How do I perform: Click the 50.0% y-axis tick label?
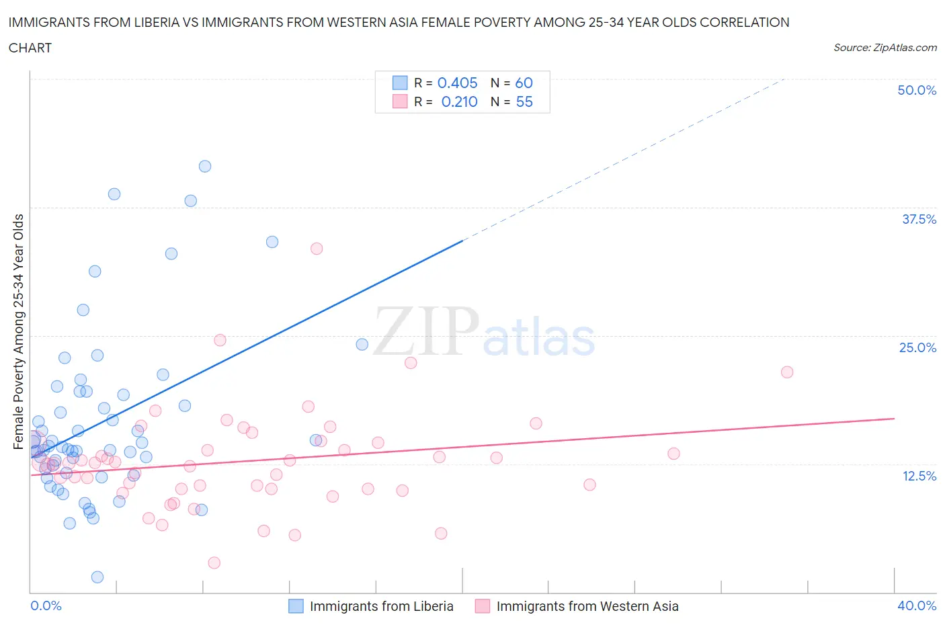coord(917,90)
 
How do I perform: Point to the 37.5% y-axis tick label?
coord(919,219)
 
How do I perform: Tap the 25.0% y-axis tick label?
coord(917,347)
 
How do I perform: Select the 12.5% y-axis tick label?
coord(919,476)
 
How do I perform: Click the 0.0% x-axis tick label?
coord(46,606)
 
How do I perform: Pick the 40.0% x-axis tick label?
coord(917,606)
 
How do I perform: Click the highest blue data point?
coord(205,166)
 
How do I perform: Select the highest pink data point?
coord(317,249)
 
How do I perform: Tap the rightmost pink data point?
coord(787,372)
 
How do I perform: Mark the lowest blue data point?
coord(97,577)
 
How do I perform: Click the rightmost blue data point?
coord(362,344)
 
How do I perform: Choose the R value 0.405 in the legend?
coord(457,83)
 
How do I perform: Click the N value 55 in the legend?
coord(524,101)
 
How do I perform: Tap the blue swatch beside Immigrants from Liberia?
coord(296,606)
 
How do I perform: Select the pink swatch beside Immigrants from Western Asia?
coord(483,606)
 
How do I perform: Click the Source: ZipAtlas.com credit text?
coord(885,47)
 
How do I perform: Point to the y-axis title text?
coord(18,331)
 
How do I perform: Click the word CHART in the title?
coord(30,48)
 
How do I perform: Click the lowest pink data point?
coord(214,562)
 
